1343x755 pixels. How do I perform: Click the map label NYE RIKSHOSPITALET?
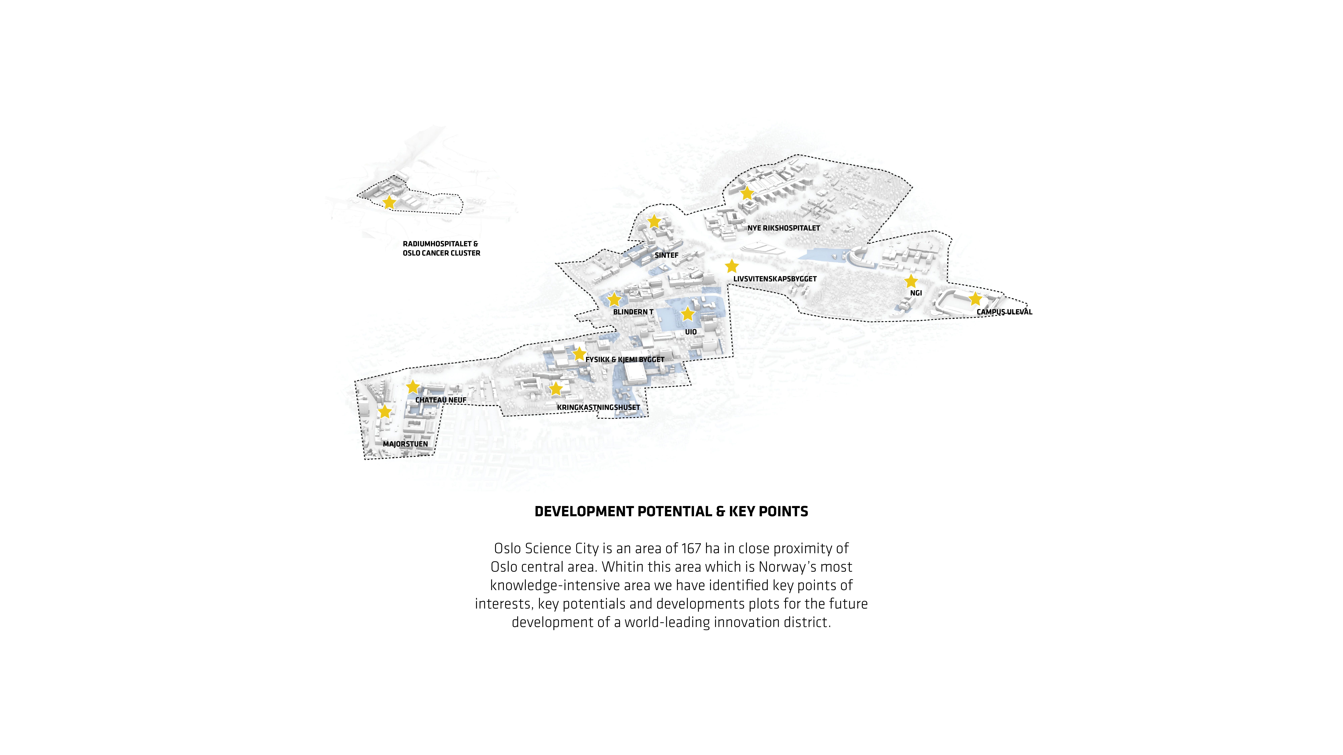click(784, 228)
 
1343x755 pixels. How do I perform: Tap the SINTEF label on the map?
click(666, 255)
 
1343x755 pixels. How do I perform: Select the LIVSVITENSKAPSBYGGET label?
click(775, 279)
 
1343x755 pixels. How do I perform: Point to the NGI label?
click(916, 293)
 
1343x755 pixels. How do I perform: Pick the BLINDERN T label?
click(633, 312)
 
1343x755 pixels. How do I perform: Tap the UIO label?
click(691, 332)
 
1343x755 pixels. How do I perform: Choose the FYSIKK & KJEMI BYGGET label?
click(624, 360)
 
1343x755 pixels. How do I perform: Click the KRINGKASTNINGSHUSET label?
click(598, 408)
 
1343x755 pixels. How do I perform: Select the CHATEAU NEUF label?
click(441, 400)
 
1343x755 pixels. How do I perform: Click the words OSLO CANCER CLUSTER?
click(442, 253)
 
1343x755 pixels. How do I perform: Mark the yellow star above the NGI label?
click(911, 281)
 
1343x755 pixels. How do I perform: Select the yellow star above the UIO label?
click(688, 314)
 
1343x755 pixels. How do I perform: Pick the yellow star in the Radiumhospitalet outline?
click(389, 202)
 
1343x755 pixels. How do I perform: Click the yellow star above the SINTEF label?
click(654, 221)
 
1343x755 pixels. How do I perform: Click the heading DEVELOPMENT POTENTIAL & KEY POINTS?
click(671, 512)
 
